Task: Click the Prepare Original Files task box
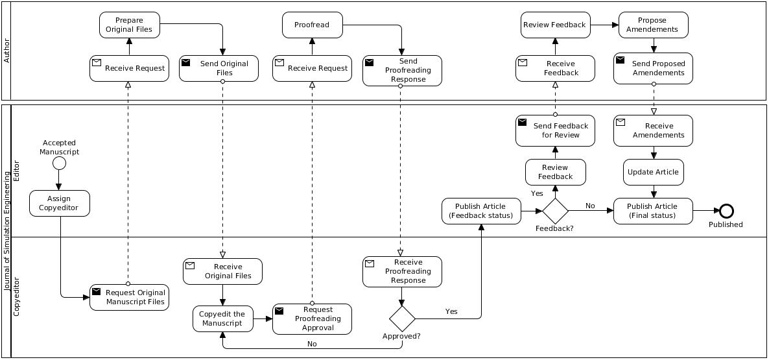point(129,25)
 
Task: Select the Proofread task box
point(312,25)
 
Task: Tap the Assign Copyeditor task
point(59,203)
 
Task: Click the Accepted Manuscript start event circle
point(59,162)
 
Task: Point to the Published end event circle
point(726,211)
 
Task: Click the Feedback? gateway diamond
point(555,211)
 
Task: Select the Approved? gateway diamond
point(401,318)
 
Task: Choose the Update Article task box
point(653,172)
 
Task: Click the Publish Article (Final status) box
point(653,211)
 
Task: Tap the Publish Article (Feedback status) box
point(480,211)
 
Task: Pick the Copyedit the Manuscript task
point(222,318)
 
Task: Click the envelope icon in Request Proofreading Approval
point(279,311)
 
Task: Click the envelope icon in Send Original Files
point(186,62)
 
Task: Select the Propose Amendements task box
point(653,25)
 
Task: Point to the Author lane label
point(7,51)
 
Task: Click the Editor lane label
point(17,170)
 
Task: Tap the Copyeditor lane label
point(17,296)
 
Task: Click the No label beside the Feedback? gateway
point(590,206)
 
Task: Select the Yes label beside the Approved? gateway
point(451,311)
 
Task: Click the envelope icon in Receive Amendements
point(621,122)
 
